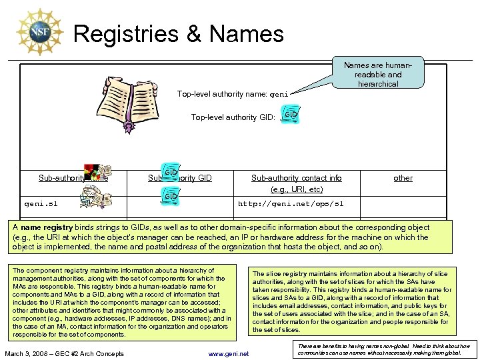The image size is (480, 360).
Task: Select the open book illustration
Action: [129, 93]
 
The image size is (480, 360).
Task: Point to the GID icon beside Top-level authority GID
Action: [290, 115]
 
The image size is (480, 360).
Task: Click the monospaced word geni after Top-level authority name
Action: [279, 94]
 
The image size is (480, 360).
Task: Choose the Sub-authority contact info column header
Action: [296, 178]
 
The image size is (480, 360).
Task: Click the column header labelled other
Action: [403, 178]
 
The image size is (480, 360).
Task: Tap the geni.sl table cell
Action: [44, 203]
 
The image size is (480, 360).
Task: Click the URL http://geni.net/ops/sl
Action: [291, 203]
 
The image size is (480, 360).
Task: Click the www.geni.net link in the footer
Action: [228, 353]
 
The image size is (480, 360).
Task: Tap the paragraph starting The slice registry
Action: [351, 301]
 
